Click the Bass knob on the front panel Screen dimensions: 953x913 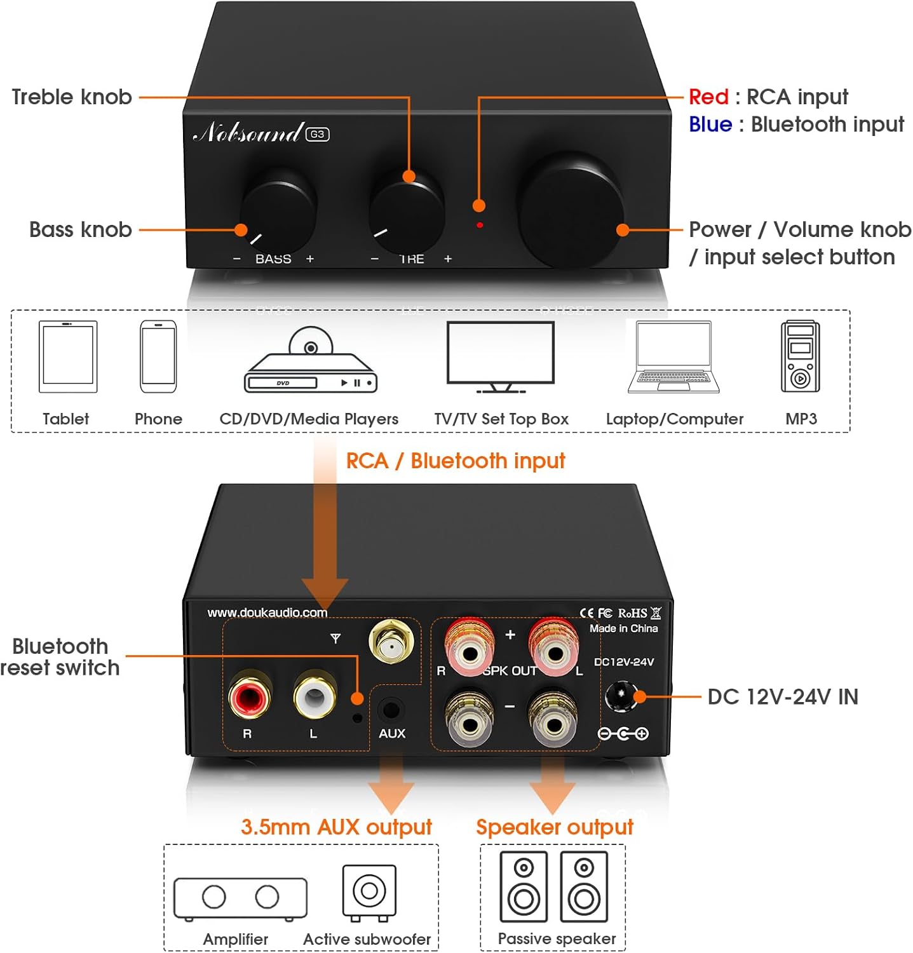click(x=278, y=210)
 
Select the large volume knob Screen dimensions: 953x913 click(x=570, y=208)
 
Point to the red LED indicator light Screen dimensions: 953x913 click(x=480, y=225)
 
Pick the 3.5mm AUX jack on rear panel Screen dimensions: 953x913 click(x=391, y=709)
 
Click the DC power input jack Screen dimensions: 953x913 click(x=621, y=696)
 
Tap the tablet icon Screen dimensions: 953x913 click(x=68, y=357)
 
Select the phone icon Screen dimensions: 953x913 click(x=158, y=357)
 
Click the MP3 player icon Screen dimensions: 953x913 click(x=800, y=356)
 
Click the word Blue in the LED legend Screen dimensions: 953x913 click(x=710, y=125)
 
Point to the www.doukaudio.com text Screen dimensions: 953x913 click(x=267, y=613)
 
